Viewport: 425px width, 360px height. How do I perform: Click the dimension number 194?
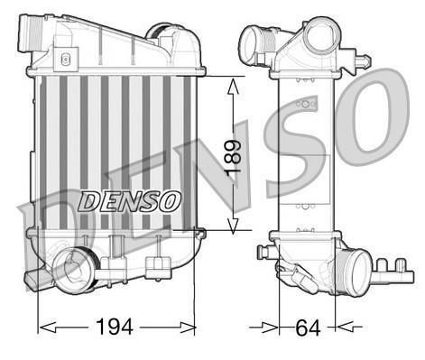[x=114, y=327]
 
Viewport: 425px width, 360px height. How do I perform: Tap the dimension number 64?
[x=308, y=328]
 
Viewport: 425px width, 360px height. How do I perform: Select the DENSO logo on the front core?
[x=129, y=201]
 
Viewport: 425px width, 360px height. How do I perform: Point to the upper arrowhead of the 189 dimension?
[x=233, y=87]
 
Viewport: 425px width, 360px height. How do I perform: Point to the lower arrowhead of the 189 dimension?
[x=233, y=225]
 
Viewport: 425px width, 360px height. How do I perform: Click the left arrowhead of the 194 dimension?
[x=48, y=327]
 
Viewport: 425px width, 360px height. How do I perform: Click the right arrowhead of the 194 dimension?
[x=187, y=327]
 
